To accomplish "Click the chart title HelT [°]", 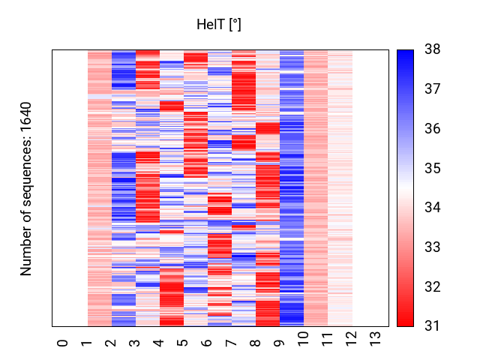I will pyautogui.click(x=219, y=25).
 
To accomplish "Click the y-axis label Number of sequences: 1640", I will pyautogui.click(x=26, y=188).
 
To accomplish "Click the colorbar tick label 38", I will pyautogui.click(x=433, y=49).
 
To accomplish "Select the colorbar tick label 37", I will pyautogui.click(x=433, y=89).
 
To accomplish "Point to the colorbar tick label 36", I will pyautogui.click(x=433, y=129).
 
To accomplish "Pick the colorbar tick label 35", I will pyautogui.click(x=433, y=168).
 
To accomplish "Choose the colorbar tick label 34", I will pyautogui.click(x=433, y=208).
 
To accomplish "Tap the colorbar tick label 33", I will pyautogui.click(x=433, y=247).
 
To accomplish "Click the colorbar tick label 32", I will pyautogui.click(x=433, y=287).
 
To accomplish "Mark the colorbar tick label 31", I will pyautogui.click(x=433, y=326).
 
